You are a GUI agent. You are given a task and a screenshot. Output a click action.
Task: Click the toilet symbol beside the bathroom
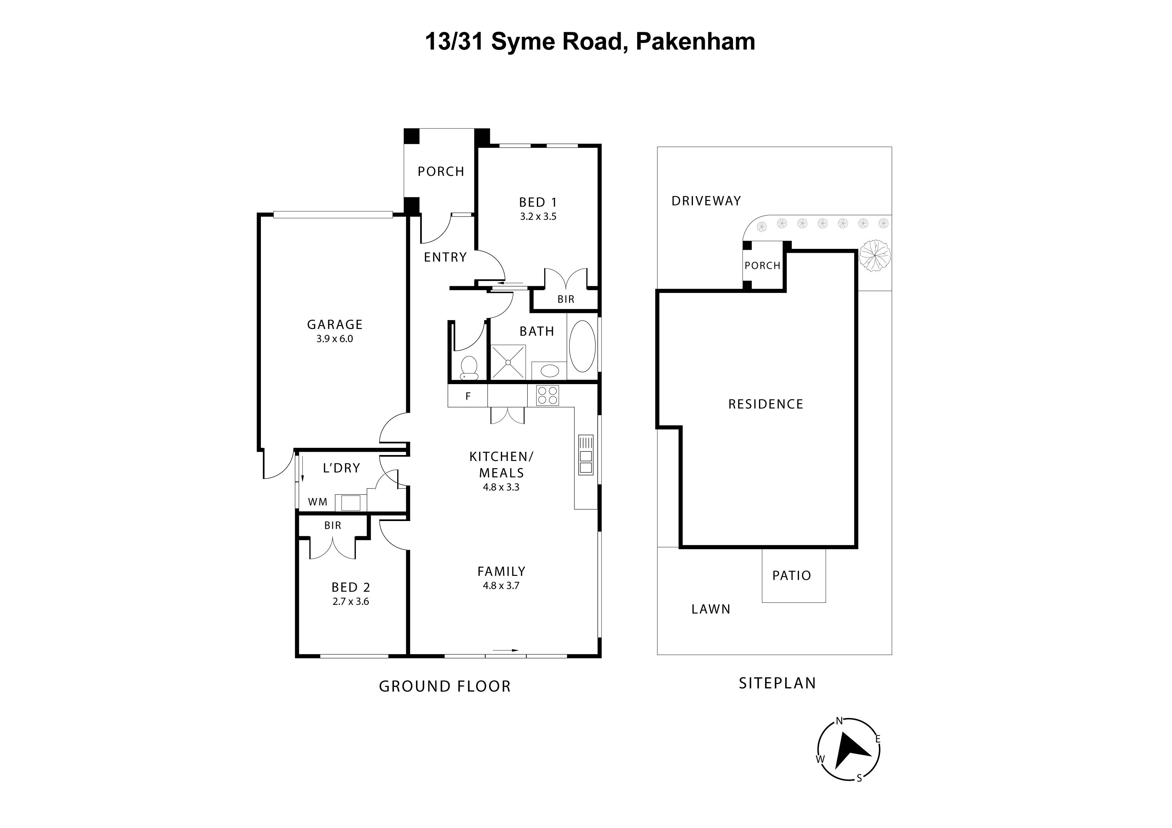point(469,367)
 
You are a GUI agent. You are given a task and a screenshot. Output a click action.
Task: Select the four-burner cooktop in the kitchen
point(547,395)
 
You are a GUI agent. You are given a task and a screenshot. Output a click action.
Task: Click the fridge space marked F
point(468,396)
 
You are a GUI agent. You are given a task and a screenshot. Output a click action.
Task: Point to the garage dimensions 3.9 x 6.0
point(334,339)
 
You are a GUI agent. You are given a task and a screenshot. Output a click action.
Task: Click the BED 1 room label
point(538,203)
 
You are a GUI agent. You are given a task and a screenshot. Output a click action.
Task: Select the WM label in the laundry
point(317,502)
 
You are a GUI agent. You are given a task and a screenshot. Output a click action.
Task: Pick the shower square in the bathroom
point(508,362)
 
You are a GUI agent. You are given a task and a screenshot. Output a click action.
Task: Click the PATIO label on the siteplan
point(791,576)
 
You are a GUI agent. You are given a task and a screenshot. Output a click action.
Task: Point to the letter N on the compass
point(839,721)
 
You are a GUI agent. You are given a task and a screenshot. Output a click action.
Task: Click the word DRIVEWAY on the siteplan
point(706,201)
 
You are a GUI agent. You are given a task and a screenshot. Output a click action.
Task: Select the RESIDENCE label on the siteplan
point(765,404)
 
